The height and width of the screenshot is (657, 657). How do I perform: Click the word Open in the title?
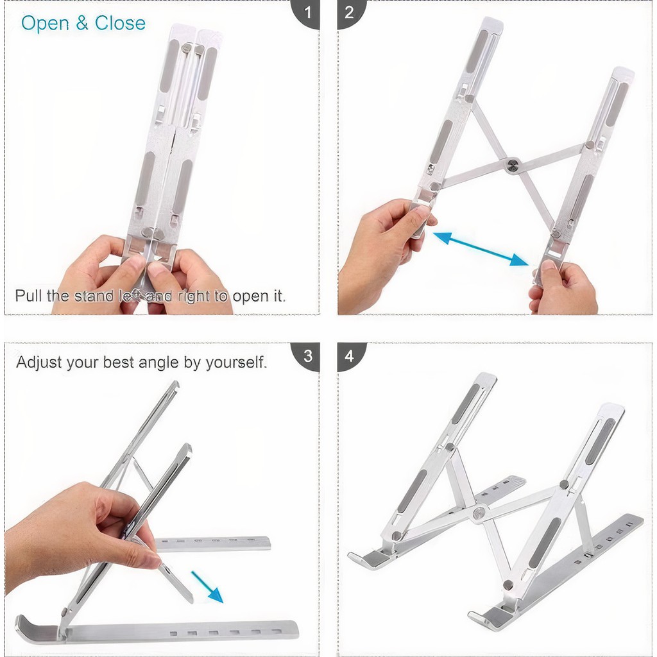click(x=46, y=24)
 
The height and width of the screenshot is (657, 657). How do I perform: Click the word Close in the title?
click(x=120, y=23)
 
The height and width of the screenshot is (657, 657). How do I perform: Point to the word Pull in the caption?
click(x=28, y=295)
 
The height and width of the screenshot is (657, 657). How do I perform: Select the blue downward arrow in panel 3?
click(x=207, y=586)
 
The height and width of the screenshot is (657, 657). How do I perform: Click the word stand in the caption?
click(x=92, y=295)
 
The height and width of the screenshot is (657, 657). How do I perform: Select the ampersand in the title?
click(x=82, y=23)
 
